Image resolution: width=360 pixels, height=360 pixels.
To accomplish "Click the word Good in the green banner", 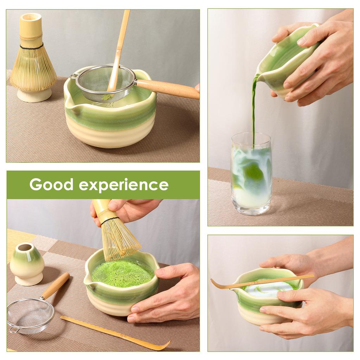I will click(51, 185).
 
